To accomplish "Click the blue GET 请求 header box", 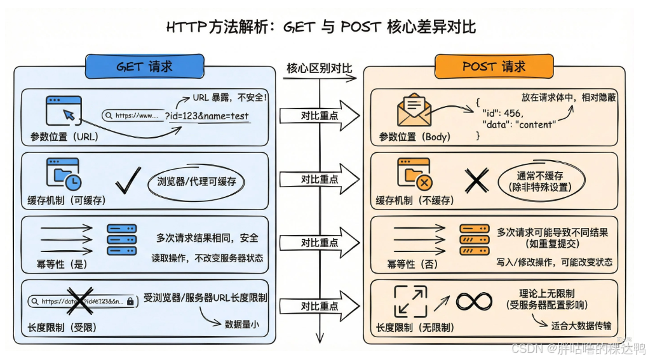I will (144, 67).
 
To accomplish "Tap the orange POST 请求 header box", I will (494, 67).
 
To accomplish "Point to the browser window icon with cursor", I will (64, 111).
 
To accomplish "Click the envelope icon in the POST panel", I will (414, 110).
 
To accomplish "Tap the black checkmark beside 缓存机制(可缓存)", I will (128, 182).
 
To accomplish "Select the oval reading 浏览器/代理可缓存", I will (196, 182).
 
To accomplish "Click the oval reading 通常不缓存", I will (540, 181).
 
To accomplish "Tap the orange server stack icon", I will (474, 239).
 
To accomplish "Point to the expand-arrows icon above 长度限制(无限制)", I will (410, 301).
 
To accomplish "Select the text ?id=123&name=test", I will (207, 116).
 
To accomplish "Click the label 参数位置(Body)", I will (414, 137).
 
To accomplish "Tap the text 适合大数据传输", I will (582, 326).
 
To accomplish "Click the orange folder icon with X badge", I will (414, 174).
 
